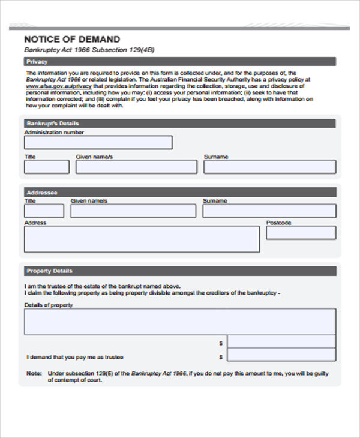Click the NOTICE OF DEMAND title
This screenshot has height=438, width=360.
[x=72, y=39]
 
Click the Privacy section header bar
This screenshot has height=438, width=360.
[x=179, y=61]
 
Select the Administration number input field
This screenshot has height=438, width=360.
[x=98, y=142]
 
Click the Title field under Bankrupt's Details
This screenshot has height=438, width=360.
[x=46, y=167]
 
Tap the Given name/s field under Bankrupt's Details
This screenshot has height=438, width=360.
[x=136, y=167]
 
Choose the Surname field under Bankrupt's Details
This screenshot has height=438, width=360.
[x=269, y=167]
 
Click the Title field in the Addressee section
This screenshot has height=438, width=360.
[x=44, y=211]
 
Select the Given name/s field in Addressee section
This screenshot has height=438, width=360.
[x=133, y=211]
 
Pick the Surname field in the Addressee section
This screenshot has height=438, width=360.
[x=269, y=211]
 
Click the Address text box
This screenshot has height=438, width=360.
[x=142, y=239]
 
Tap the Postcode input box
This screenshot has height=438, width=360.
[x=301, y=233]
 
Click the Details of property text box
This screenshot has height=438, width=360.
[x=180, y=322]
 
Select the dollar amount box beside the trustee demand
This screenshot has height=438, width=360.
[x=281, y=356]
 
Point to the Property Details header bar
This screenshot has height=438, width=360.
[x=179, y=271]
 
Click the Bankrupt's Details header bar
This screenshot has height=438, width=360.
[x=179, y=124]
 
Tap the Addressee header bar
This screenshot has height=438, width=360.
[x=179, y=192]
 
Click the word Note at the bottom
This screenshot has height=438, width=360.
[x=33, y=373]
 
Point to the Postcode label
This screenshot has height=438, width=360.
[x=278, y=223]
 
